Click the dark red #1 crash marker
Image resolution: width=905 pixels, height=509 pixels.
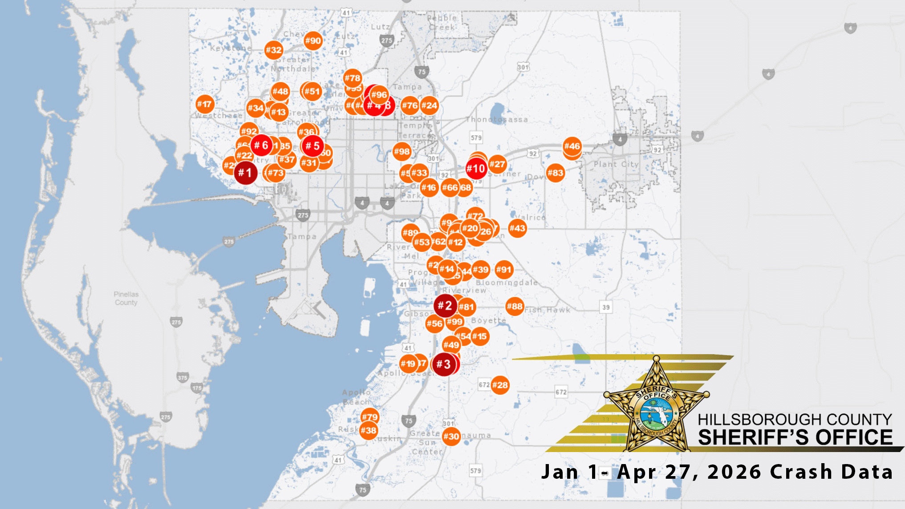[245, 173]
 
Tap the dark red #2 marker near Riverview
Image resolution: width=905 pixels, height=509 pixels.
[445, 306]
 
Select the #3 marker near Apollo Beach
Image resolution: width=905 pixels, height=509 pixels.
[444, 364]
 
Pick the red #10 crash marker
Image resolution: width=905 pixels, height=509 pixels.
[476, 169]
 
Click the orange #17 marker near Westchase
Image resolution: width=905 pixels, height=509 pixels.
[205, 104]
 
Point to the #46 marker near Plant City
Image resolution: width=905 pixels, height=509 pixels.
[572, 146]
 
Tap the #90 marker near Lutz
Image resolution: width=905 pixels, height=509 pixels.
[313, 40]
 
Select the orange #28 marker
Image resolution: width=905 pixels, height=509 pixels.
[500, 385]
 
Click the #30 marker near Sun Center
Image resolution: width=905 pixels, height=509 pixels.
[451, 436]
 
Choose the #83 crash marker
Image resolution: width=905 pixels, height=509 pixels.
[555, 173]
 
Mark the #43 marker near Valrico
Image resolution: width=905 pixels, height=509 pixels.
[517, 228]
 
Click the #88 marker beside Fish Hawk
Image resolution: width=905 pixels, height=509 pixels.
[515, 306]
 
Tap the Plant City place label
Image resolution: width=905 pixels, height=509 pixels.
[616, 164]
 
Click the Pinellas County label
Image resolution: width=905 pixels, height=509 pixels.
[126, 299]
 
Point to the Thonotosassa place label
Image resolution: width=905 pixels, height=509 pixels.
[497, 120]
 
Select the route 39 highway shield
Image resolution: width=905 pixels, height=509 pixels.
[606, 307]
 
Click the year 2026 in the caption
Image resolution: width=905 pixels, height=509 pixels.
[734, 472]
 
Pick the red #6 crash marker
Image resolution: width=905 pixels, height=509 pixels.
[262, 145]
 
